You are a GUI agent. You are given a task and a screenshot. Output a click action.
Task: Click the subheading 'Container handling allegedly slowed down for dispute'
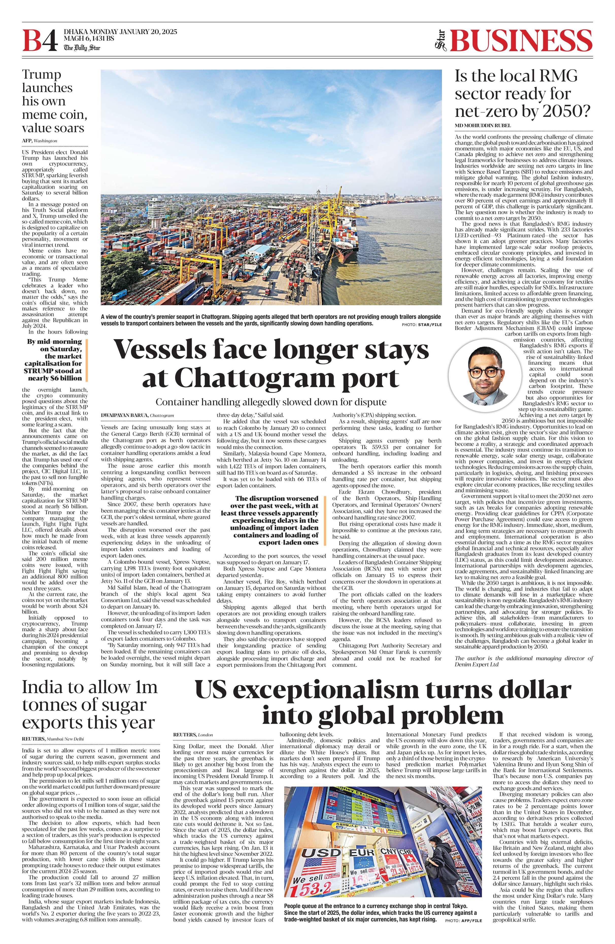271,402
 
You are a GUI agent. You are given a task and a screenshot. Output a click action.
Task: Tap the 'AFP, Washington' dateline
40,141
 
